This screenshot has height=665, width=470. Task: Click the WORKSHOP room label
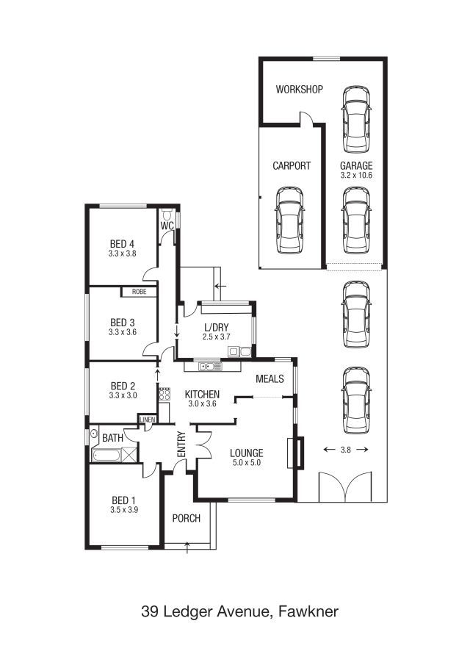point(299,89)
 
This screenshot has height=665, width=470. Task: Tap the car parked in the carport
point(290,220)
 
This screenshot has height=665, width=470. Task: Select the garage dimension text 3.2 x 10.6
point(356,175)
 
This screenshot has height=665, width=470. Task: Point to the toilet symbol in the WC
point(167,214)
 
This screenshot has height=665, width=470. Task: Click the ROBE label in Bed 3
point(139,292)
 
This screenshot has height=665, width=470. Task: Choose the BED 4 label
point(122,244)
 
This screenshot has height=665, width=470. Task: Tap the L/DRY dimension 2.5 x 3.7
point(216,337)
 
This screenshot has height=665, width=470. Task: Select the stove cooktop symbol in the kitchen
point(164,394)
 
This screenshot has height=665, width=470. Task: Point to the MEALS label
point(270,378)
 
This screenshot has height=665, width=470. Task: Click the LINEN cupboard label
point(148,420)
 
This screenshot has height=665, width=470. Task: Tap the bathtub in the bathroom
point(106,456)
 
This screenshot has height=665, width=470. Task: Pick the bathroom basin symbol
point(94,434)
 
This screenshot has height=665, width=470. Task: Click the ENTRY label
point(181,444)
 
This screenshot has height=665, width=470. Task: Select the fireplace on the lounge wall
point(296,453)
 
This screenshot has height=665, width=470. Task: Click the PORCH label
point(186,518)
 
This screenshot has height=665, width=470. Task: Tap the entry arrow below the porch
point(187,547)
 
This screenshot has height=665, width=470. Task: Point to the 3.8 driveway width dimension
point(346,450)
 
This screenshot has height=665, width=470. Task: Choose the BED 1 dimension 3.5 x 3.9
point(124,510)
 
